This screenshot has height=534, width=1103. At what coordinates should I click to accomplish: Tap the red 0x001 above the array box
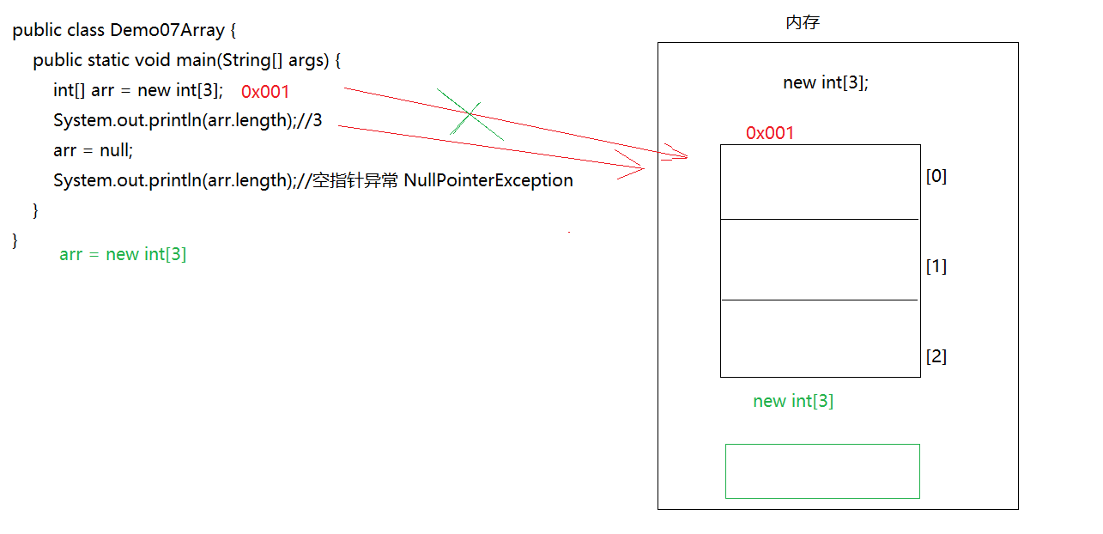[770, 133]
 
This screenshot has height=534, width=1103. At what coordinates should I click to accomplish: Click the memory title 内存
[803, 23]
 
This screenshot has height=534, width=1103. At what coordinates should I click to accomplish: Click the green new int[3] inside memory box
[793, 401]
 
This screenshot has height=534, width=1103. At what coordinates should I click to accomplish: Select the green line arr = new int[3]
[123, 254]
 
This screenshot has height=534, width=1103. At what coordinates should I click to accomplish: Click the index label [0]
[936, 176]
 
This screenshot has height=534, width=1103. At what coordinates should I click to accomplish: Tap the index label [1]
[936, 267]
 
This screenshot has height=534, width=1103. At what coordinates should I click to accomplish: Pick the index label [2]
[936, 356]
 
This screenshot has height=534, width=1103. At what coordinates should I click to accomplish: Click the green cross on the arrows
[470, 113]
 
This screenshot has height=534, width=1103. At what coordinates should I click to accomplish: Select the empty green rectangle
[822, 470]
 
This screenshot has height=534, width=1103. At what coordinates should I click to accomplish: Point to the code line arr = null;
[93, 150]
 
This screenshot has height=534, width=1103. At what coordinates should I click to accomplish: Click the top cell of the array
[820, 182]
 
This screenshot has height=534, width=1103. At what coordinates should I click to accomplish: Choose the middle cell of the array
[820, 259]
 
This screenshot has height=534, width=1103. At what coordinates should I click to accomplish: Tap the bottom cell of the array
[820, 338]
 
